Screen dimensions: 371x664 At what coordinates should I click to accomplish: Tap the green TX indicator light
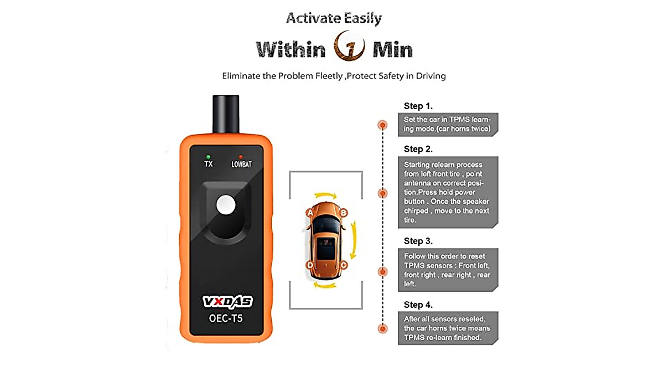(208, 156)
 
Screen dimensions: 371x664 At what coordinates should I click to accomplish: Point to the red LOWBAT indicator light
(241, 156)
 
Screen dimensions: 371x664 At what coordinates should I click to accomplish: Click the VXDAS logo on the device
(227, 302)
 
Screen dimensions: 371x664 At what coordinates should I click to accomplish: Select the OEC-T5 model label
(227, 320)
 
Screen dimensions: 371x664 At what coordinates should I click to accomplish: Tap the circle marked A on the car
(310, 212)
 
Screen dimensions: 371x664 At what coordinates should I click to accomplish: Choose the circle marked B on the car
(343, 212)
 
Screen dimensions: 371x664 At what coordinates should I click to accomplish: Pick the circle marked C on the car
(343, 265)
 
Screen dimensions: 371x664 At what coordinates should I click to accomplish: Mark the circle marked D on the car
(310, 265)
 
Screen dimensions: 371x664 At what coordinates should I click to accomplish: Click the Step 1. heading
(418, 106)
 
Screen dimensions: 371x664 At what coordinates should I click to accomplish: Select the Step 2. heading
(418, 149)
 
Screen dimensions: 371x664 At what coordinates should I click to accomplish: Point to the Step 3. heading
(418, 241)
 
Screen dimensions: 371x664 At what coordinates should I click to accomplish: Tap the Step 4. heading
(418, 305)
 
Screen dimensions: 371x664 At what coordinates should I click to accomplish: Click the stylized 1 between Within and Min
(350, 49)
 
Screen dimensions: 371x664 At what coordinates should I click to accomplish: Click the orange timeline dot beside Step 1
(382, 125)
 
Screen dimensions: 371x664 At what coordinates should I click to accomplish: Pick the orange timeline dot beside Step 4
(382, 328)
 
